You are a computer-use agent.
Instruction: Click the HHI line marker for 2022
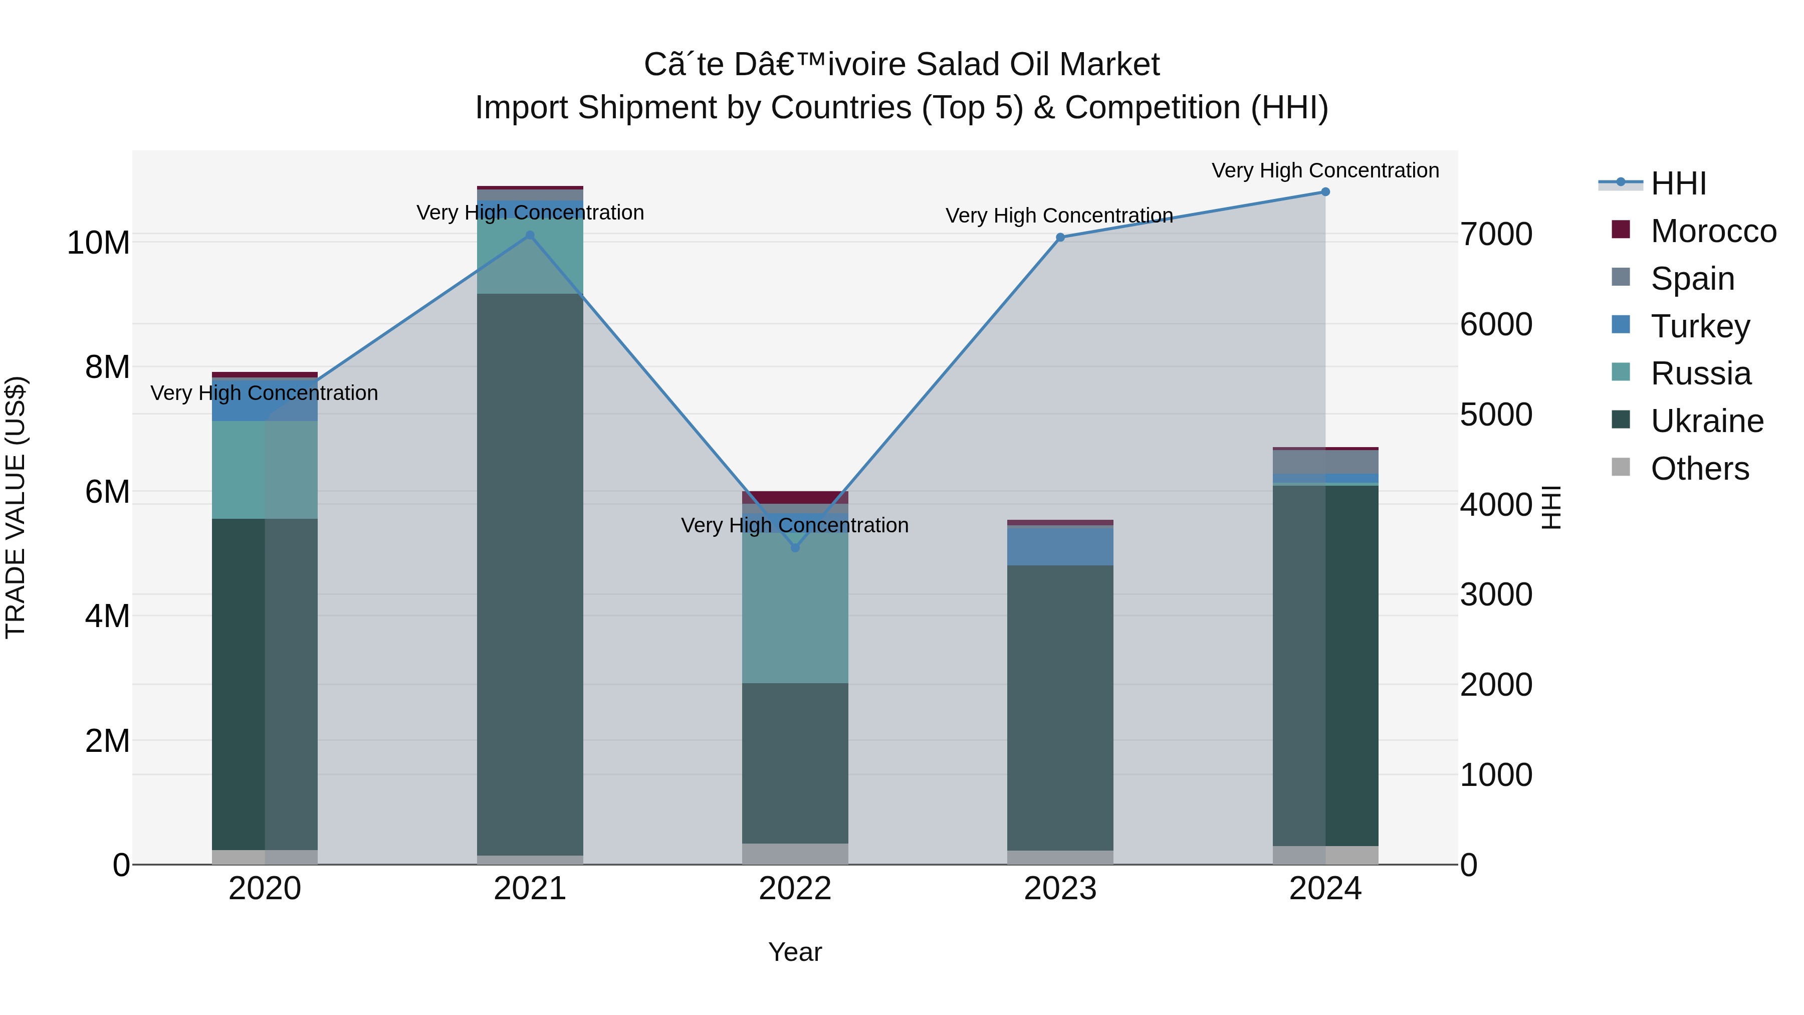[795, 547]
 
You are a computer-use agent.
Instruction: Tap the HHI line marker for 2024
[1325, 192]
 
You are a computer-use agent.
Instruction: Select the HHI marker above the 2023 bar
[1059, 238]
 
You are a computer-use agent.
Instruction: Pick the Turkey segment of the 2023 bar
[1059, 545]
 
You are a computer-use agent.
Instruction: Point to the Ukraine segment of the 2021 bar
[530, 574]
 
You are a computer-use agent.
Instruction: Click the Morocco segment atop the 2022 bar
[795, 497]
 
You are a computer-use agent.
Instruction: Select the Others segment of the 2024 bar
[1325, 855]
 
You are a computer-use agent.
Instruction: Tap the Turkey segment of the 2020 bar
[265, 400]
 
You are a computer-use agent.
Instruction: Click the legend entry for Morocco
[1712, 231]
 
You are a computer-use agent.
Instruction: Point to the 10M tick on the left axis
[98, 243]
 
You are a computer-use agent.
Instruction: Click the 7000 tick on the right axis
[1496, 234]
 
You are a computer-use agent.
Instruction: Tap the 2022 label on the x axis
[795, 889]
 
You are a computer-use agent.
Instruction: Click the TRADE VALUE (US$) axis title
[16, 507]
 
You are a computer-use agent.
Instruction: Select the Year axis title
[795, 952]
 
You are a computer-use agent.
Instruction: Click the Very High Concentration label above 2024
[1325, 170]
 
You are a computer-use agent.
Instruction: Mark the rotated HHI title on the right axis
[1551, 507]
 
